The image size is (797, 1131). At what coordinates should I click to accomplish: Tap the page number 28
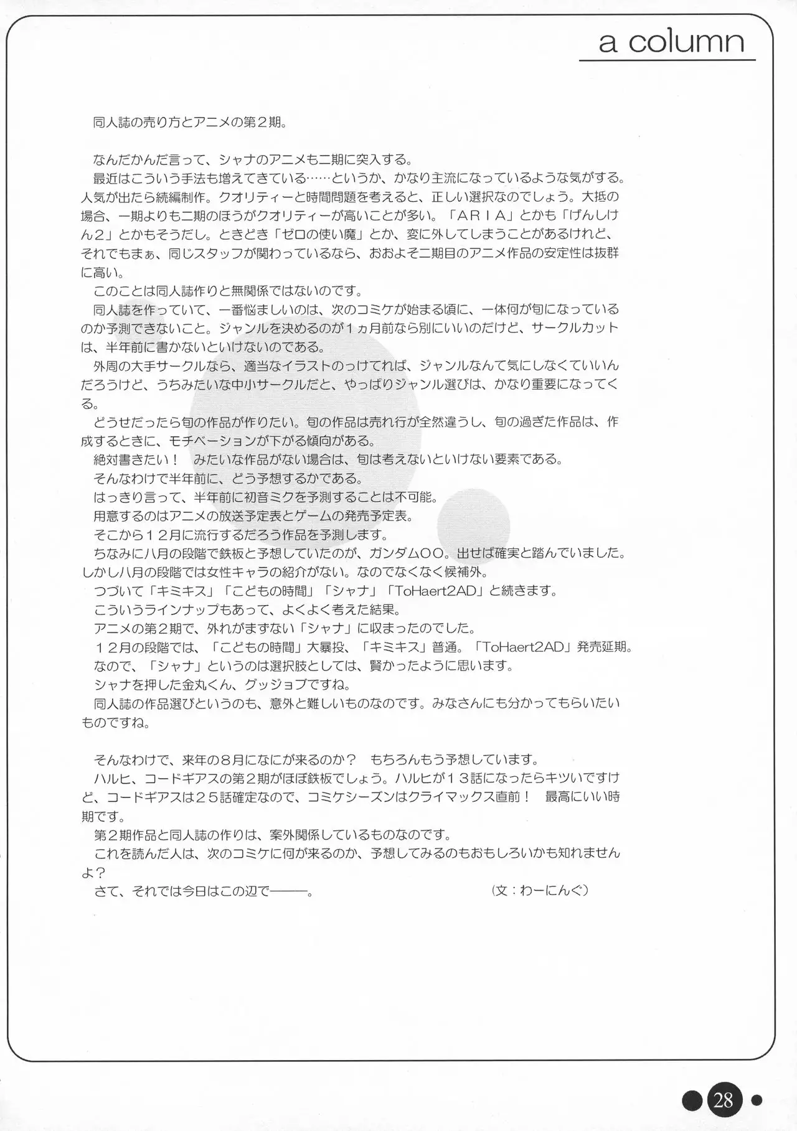point(723,1101)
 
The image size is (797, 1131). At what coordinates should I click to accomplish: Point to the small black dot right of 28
point(757,1100)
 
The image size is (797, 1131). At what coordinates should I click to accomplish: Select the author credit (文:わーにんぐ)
point(540,891)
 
